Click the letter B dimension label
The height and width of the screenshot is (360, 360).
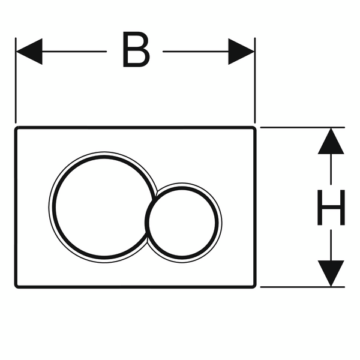click(135, 51)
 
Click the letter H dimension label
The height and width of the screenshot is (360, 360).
click(331, 207)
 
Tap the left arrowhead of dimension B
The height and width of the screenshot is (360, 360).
click(29, 51)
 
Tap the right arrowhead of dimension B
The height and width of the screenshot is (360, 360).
click(241, 51)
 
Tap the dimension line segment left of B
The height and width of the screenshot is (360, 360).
click(75, 51)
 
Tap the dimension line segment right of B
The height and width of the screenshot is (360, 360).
click(195, 51)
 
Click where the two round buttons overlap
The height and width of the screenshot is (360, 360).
click(151, 210)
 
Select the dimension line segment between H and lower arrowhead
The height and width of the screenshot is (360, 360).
click(331, 243)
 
